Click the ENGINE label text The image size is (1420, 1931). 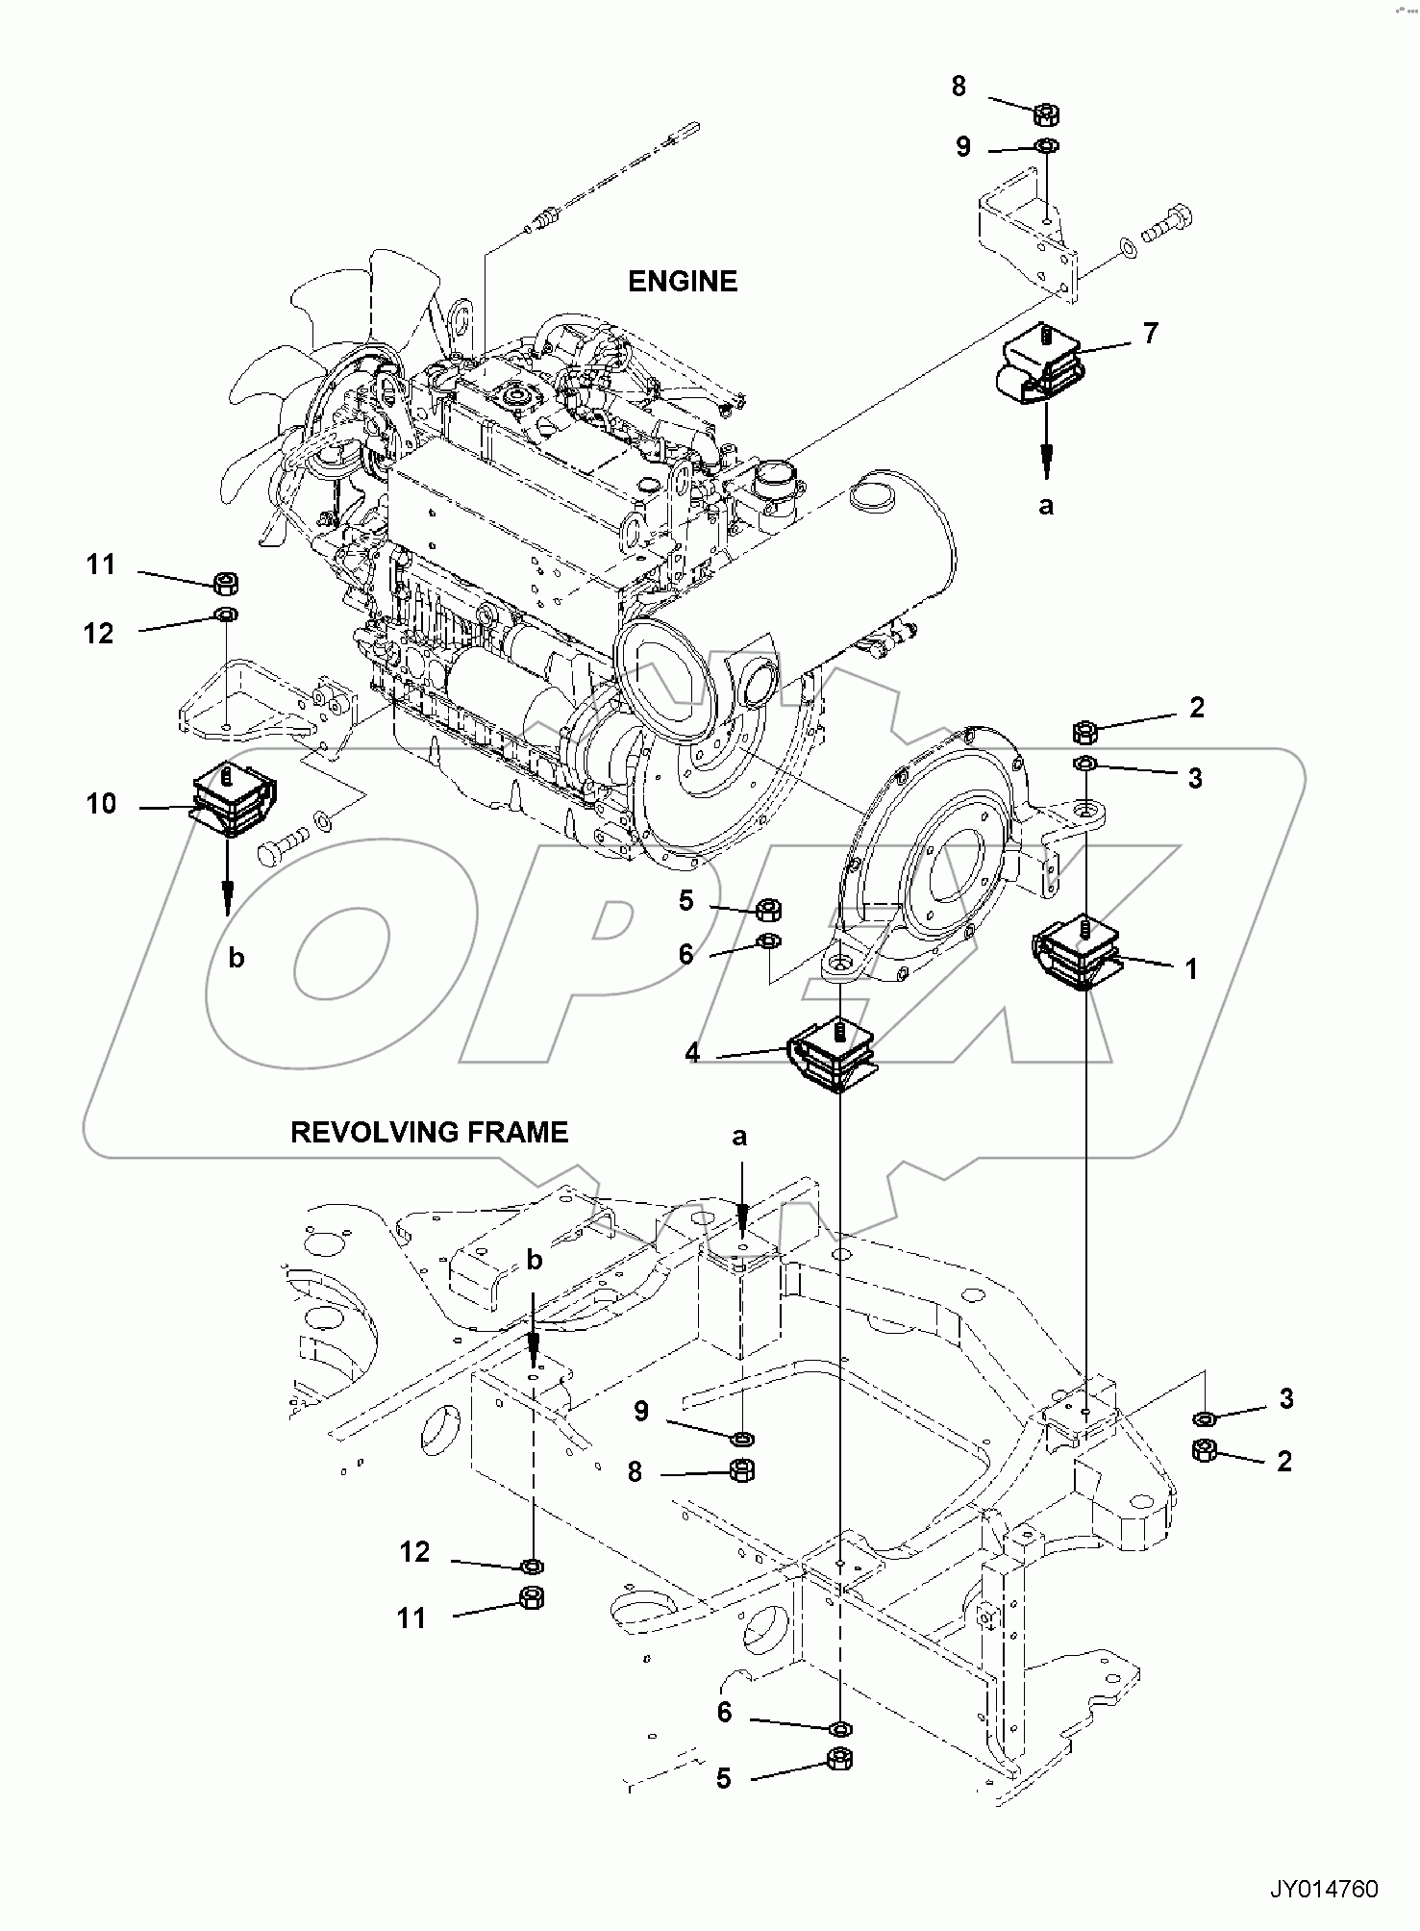pos(682,282)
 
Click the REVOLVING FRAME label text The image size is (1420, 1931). pos(429,1132)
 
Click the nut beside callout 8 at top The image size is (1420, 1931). pos(1045,115)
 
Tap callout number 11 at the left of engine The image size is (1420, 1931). pos(101,564)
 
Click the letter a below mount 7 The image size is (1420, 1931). pos(1046,504)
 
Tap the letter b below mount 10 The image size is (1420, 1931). pos(237,957)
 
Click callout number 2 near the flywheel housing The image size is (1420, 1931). pos(1196,708)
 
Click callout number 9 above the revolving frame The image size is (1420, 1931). pos(640,1411)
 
